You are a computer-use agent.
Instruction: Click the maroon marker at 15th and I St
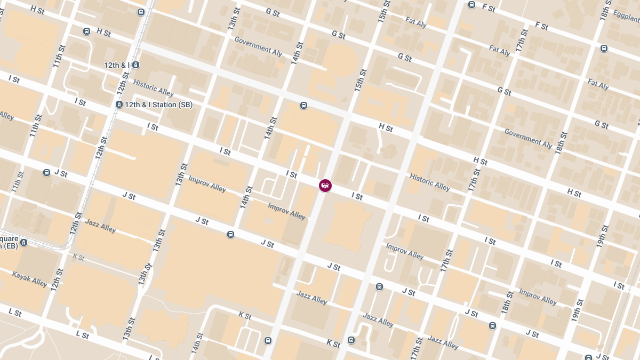coord(325,186)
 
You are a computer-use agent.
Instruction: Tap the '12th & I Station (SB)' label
coord(158,105)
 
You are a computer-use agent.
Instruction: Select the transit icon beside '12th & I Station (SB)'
coord(119,105)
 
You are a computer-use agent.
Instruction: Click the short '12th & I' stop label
coord(117,65)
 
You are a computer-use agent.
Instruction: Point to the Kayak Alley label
coord(30,278)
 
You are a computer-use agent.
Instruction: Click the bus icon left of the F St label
coord(471,5)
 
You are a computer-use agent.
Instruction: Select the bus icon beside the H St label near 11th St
coord(86,31)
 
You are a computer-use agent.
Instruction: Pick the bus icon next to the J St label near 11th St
coord(47,173)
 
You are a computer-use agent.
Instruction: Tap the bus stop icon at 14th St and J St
coord(230,234)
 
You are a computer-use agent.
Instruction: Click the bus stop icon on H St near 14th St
coord(303,105)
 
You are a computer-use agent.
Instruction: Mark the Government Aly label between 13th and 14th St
coord(258,46)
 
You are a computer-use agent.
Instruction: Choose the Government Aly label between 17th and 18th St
coord(528,138)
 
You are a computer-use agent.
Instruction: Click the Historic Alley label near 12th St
coord(154,88)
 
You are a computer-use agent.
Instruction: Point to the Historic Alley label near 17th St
coord(430,182)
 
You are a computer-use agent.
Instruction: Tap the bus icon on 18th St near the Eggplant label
coord(604,48)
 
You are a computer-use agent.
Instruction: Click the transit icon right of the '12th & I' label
coord(136,65)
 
